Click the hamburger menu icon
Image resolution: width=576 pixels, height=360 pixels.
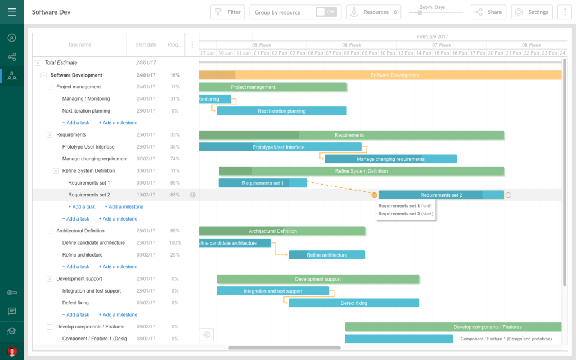click(12, 12)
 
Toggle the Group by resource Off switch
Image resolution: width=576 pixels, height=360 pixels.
click(326, 12)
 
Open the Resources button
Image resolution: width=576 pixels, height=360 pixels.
click(373, 12)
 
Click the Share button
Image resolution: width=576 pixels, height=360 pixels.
click(488, 12)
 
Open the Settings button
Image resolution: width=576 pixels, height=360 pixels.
click(532, 12)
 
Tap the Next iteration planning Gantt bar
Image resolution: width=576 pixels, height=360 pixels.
click(281, 111)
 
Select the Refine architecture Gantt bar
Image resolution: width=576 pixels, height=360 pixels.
click(327, 255)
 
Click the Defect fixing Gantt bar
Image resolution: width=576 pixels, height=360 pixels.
click(354, 303)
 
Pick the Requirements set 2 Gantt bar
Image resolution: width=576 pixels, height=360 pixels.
click(441, 195)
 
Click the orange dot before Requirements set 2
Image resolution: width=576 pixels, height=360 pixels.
click(374, 195)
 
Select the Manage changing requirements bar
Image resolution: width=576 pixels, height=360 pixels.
click(390, 159)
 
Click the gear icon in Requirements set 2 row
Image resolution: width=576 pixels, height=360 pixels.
click(192, 195)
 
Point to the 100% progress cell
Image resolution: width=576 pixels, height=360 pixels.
click(175, 243)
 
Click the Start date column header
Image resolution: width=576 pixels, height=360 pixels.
click(146, 44)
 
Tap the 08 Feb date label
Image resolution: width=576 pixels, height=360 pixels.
click(352, 53)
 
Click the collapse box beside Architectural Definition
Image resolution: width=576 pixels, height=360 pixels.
click(49, 231)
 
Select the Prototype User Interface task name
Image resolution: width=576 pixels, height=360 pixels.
click(88, 147)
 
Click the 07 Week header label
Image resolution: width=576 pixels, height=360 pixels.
click(441, 45)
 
